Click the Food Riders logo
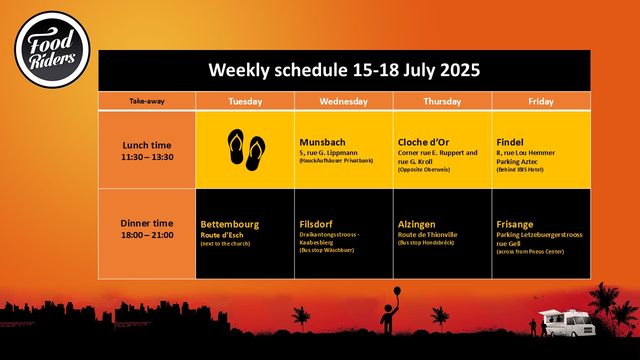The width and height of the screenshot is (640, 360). (x=52, y=49)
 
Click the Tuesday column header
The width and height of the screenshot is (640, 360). (x=245, y=101)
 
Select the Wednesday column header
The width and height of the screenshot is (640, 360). (x=343, y=101)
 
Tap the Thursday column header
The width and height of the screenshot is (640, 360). (x=442, y=101)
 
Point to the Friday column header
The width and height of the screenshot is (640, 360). (x=541, y=101)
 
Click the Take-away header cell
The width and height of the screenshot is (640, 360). (x=147, y=101)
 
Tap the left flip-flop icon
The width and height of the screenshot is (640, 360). (x=235, y=146)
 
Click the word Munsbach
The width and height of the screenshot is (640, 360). (x=322, y=142)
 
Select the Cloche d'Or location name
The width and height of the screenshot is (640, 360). (x=423, y=142)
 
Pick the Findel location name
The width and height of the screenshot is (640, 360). (x=510, y=142)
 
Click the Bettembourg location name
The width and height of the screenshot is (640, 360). (x=229, y=224)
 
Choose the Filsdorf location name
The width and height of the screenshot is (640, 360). (x=316, y=224)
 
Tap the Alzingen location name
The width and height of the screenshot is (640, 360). (x=416, y=224)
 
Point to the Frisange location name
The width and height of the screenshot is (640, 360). (x=515, y=224)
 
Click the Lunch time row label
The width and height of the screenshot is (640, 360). (x=147, y=151)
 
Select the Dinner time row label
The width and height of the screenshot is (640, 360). (x=147, y=229)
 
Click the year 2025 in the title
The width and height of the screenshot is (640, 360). (x=460, y=70)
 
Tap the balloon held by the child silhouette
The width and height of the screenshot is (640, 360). (x=397, y=291)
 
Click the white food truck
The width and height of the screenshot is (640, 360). (x=567, y=322)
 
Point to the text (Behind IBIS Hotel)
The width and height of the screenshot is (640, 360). (x=520, y=169)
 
